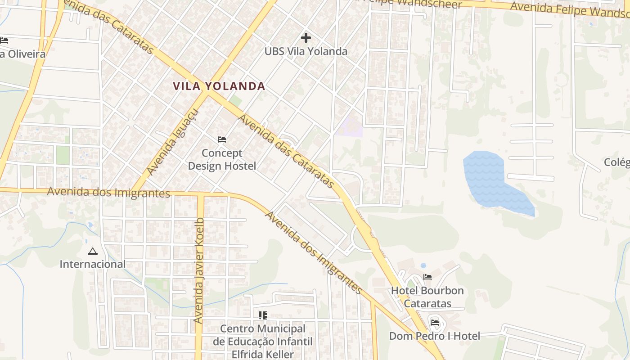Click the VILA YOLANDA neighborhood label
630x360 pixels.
point(219,86)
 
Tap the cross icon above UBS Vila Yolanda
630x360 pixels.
point(306,37)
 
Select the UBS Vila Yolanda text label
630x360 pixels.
point(306,51)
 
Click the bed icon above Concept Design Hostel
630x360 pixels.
point(222,139)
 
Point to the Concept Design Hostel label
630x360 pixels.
point(222,159)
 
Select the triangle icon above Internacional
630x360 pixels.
point(93,251)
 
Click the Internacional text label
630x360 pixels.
point(93,264)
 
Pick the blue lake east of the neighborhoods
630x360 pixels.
point(490,180)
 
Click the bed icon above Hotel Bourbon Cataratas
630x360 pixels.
point(427,277)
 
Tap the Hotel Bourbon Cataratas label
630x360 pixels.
point(427,297)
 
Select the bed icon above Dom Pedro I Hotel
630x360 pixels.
point(435,322)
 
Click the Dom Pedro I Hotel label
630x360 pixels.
point(434,336)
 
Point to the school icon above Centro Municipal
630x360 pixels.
point(263,315)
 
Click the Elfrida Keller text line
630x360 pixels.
point(263,354)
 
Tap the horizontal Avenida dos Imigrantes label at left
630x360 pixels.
point(108,192)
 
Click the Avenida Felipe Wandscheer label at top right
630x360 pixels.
point(569,9)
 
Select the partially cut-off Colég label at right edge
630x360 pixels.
point(617,162)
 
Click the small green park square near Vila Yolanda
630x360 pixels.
point(236,100)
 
